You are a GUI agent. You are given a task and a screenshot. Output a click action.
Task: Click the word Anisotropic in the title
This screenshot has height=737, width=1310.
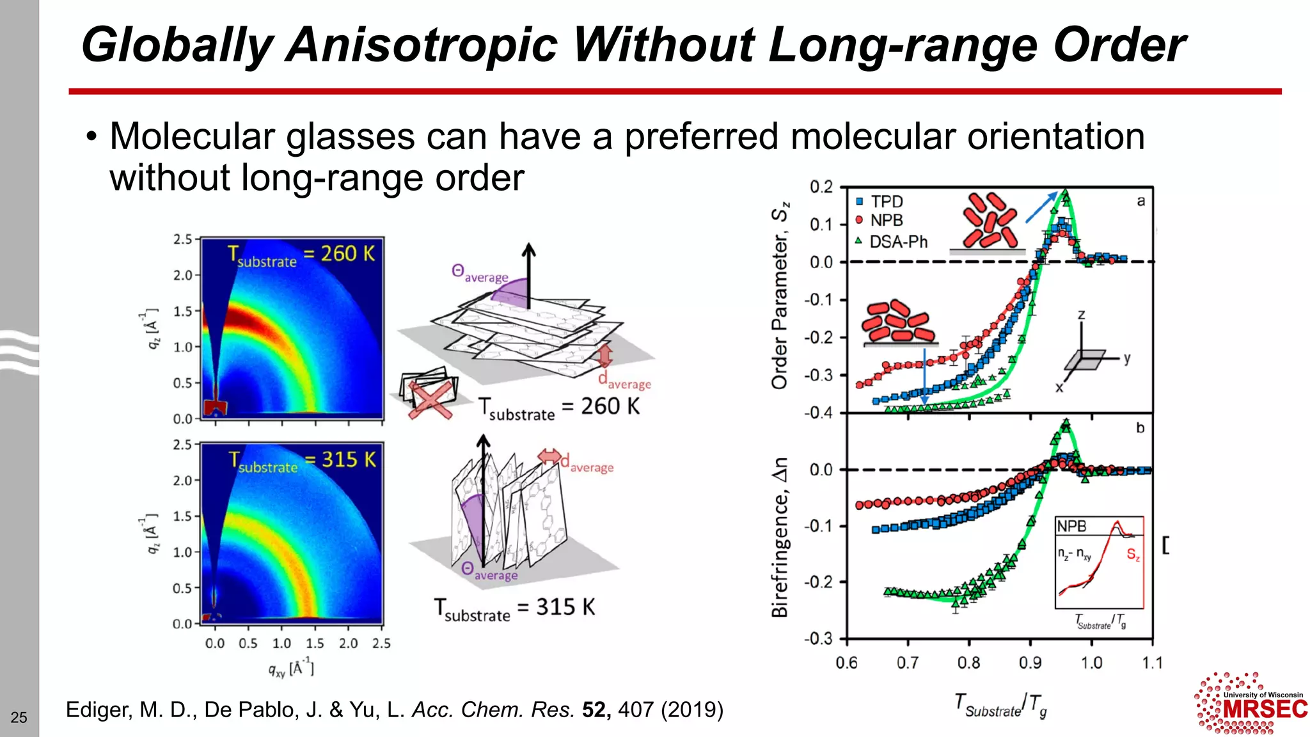[x=422, y=45]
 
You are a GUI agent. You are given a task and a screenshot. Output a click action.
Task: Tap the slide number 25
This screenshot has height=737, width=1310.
[x=19, y=717]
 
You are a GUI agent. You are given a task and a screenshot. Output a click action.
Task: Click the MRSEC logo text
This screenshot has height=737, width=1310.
[x=1265, y=709]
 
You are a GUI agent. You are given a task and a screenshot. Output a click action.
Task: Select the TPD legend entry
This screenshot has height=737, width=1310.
[x=886, y=202]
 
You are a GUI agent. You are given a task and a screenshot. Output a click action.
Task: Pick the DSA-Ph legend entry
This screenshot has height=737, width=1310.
[x=897, y=242]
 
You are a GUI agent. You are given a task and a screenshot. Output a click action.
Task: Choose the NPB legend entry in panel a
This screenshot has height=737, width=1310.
[x=886, y=221]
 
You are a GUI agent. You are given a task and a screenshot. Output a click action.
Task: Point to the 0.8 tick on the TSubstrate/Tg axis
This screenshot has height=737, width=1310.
[x=968, y=663]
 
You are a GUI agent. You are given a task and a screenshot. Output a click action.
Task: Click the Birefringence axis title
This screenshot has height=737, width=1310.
[x=780, y=537]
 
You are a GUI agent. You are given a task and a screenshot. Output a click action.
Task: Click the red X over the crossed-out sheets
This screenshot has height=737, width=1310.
[x=430, y=399]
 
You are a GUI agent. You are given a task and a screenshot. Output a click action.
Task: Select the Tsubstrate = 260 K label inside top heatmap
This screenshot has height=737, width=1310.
[x=301, y=255]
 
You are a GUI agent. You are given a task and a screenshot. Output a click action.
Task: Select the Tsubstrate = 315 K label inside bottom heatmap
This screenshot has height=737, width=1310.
[x=302, y=461]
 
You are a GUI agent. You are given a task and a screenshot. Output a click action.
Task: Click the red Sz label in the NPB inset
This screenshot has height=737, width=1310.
[x=1133, y=555]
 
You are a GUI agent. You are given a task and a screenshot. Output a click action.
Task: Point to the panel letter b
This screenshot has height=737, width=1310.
[x=1140, y=428]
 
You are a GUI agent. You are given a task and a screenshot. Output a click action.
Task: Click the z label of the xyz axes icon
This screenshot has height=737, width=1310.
[x=1081, y=315]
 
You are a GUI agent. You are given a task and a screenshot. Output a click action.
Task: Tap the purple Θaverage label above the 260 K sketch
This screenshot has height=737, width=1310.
[x=479, y=274]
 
